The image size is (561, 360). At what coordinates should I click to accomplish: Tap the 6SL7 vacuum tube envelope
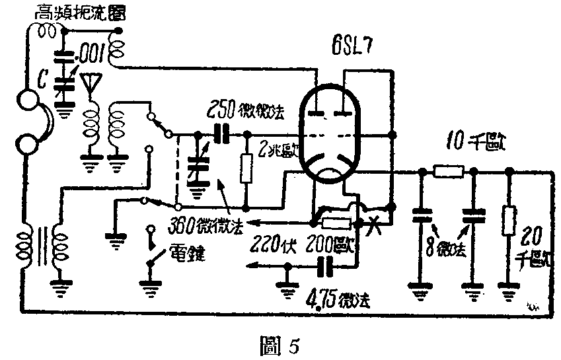[x=331, y=139]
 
